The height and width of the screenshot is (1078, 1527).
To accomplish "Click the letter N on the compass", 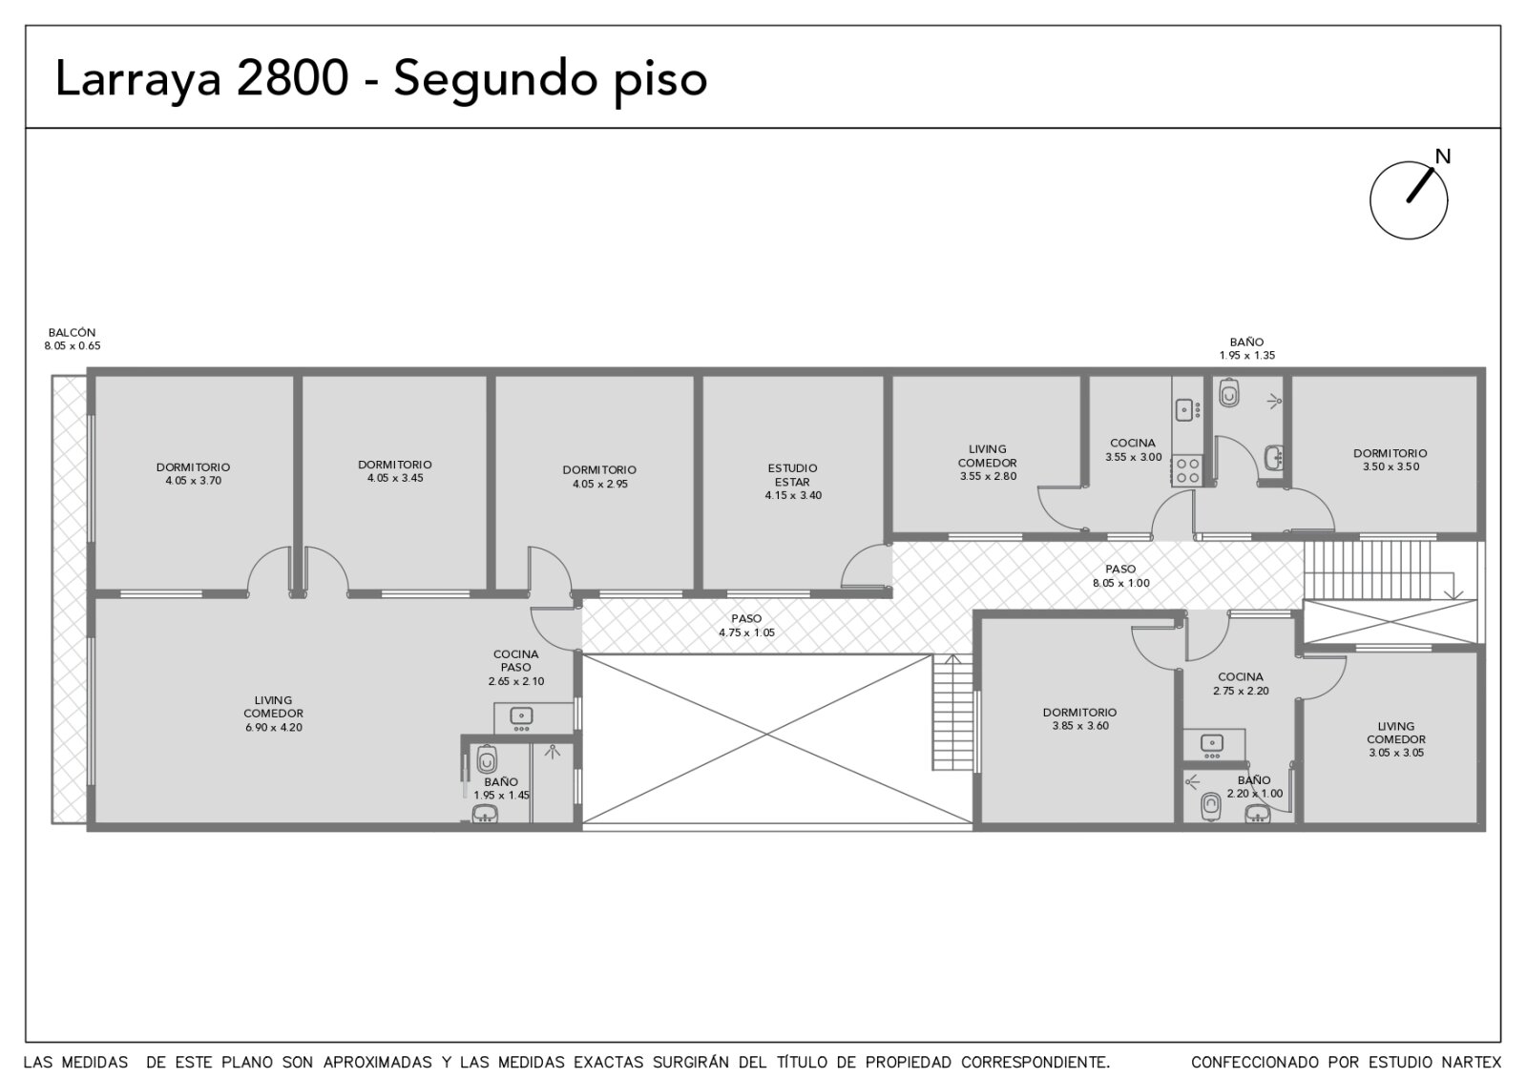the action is [1442, 156].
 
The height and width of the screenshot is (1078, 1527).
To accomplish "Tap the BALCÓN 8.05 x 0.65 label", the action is [73, 340].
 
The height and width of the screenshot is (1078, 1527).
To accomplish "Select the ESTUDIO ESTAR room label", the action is [793, 476].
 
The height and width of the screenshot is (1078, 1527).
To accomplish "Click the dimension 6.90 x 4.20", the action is [273, 728].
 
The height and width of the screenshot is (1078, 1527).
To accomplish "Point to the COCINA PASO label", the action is [516, 661].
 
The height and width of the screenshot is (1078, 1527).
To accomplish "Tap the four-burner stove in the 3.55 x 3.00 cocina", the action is [1187, 470].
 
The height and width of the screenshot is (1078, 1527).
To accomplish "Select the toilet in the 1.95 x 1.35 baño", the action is [1229, 393].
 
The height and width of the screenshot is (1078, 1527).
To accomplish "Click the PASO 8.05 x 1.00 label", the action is [1120, 576].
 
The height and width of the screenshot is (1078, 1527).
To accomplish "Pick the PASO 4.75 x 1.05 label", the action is [746, 626].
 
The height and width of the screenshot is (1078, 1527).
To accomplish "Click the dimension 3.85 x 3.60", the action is [1080, 726].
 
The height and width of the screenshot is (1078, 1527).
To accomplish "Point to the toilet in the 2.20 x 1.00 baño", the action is [1211, 807].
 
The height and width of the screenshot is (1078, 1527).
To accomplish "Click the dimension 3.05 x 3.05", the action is [1396, 753].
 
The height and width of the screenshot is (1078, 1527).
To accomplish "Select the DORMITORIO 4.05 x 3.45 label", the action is [395, 471].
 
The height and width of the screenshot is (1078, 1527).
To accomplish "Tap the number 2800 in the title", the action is [292, 77].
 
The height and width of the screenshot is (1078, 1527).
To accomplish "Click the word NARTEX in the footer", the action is [1475, 1063].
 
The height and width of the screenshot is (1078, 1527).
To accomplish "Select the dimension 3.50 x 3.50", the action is [1391, 467].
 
